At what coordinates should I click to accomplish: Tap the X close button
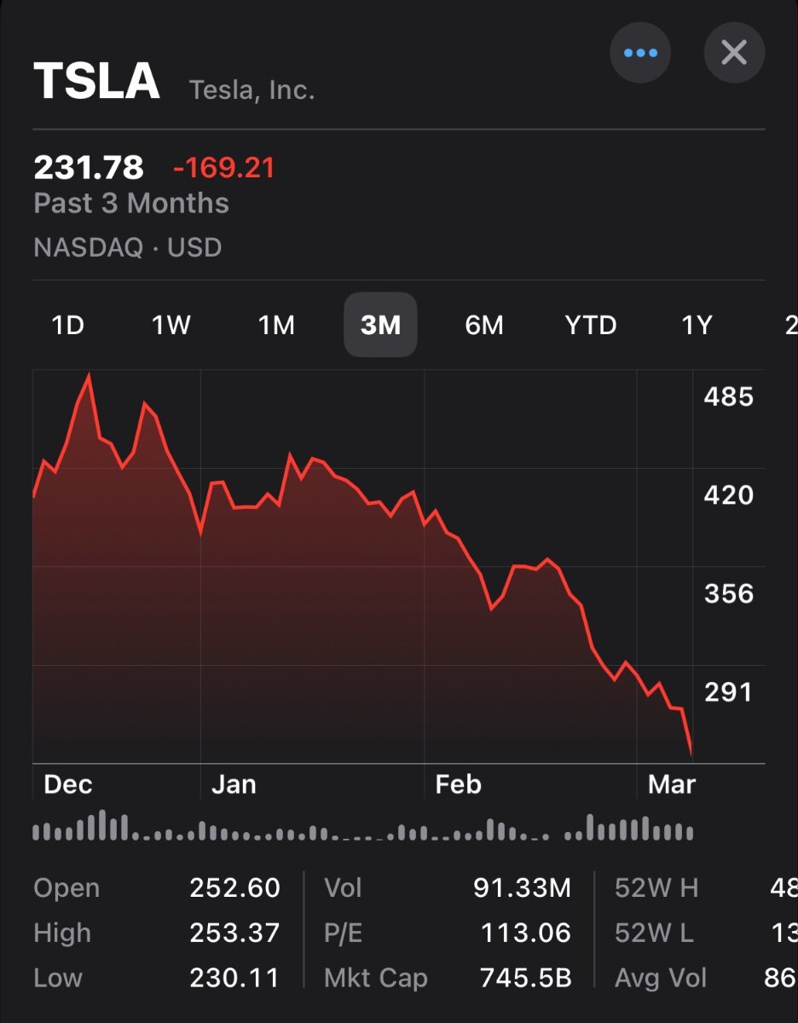[734, 53]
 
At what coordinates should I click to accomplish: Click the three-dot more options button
[640, 53]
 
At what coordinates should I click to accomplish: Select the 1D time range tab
[68, 325]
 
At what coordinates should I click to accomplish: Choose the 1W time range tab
[171, 325]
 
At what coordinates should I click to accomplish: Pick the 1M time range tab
[276, 325]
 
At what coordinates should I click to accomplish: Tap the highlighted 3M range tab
[380, 325]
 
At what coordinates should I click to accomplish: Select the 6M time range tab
[484, 325]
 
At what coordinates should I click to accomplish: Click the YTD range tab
[590, 325]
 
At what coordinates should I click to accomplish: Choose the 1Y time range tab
[697, 325]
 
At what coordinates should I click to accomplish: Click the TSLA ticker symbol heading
[97, 82]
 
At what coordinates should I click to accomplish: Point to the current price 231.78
[89, 167]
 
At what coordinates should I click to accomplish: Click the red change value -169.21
[224, 168]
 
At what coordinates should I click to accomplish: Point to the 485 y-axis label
[729, 396]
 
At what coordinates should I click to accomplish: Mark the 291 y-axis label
[729, 691]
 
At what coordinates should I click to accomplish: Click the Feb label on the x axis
[459, 784]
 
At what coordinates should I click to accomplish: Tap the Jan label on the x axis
[234, 784]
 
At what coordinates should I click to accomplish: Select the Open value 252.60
[234, 888]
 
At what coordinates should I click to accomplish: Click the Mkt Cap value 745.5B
[525, 978]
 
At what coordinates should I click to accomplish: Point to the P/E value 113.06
[525, 933]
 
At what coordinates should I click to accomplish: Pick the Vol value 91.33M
[522, 888]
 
